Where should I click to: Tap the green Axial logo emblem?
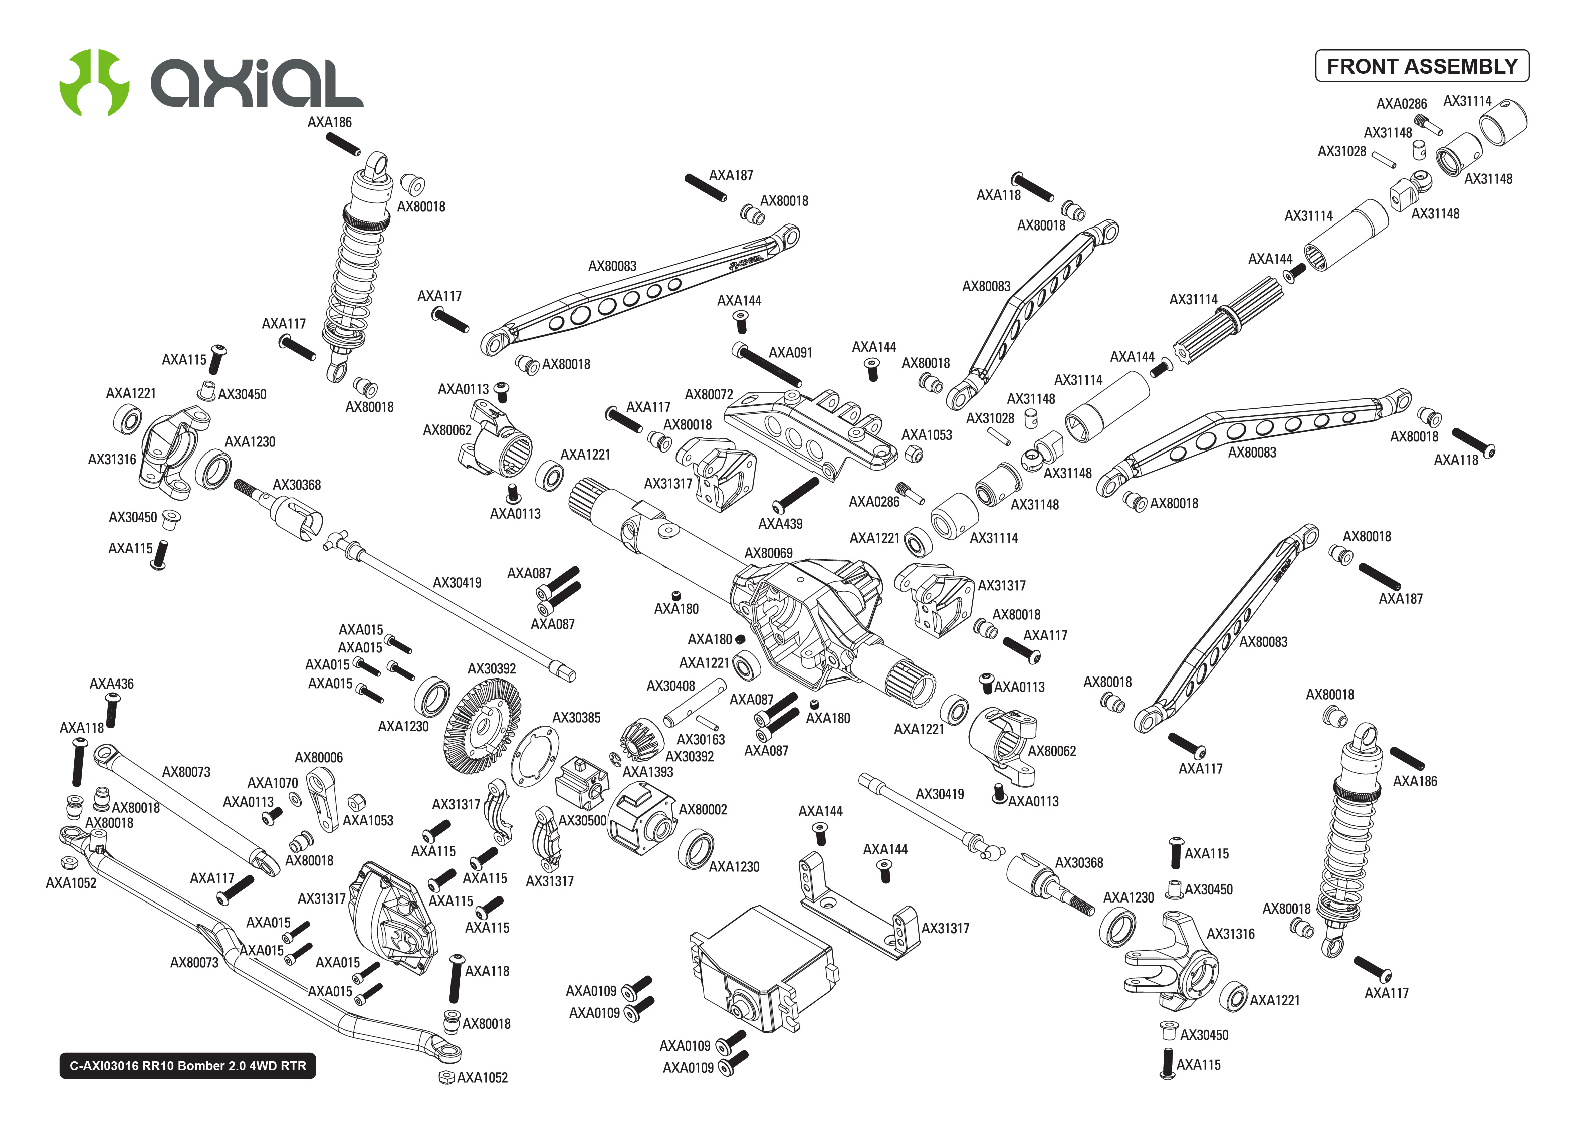point(94,82)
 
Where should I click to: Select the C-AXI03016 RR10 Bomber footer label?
point(187,1065)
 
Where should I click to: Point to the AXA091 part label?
point(790,353)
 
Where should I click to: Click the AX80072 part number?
point(708,394)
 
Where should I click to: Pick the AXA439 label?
point(780,524)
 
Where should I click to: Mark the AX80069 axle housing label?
point(768,553)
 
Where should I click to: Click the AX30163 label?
point(700,740)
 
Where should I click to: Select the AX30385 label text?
point(576,718)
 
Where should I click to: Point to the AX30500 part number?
point(582,820)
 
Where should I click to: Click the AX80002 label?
point(703,809)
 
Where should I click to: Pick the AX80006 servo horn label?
point(318,757)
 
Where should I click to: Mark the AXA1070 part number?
point(272,783)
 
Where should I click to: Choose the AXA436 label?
point(111,684)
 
